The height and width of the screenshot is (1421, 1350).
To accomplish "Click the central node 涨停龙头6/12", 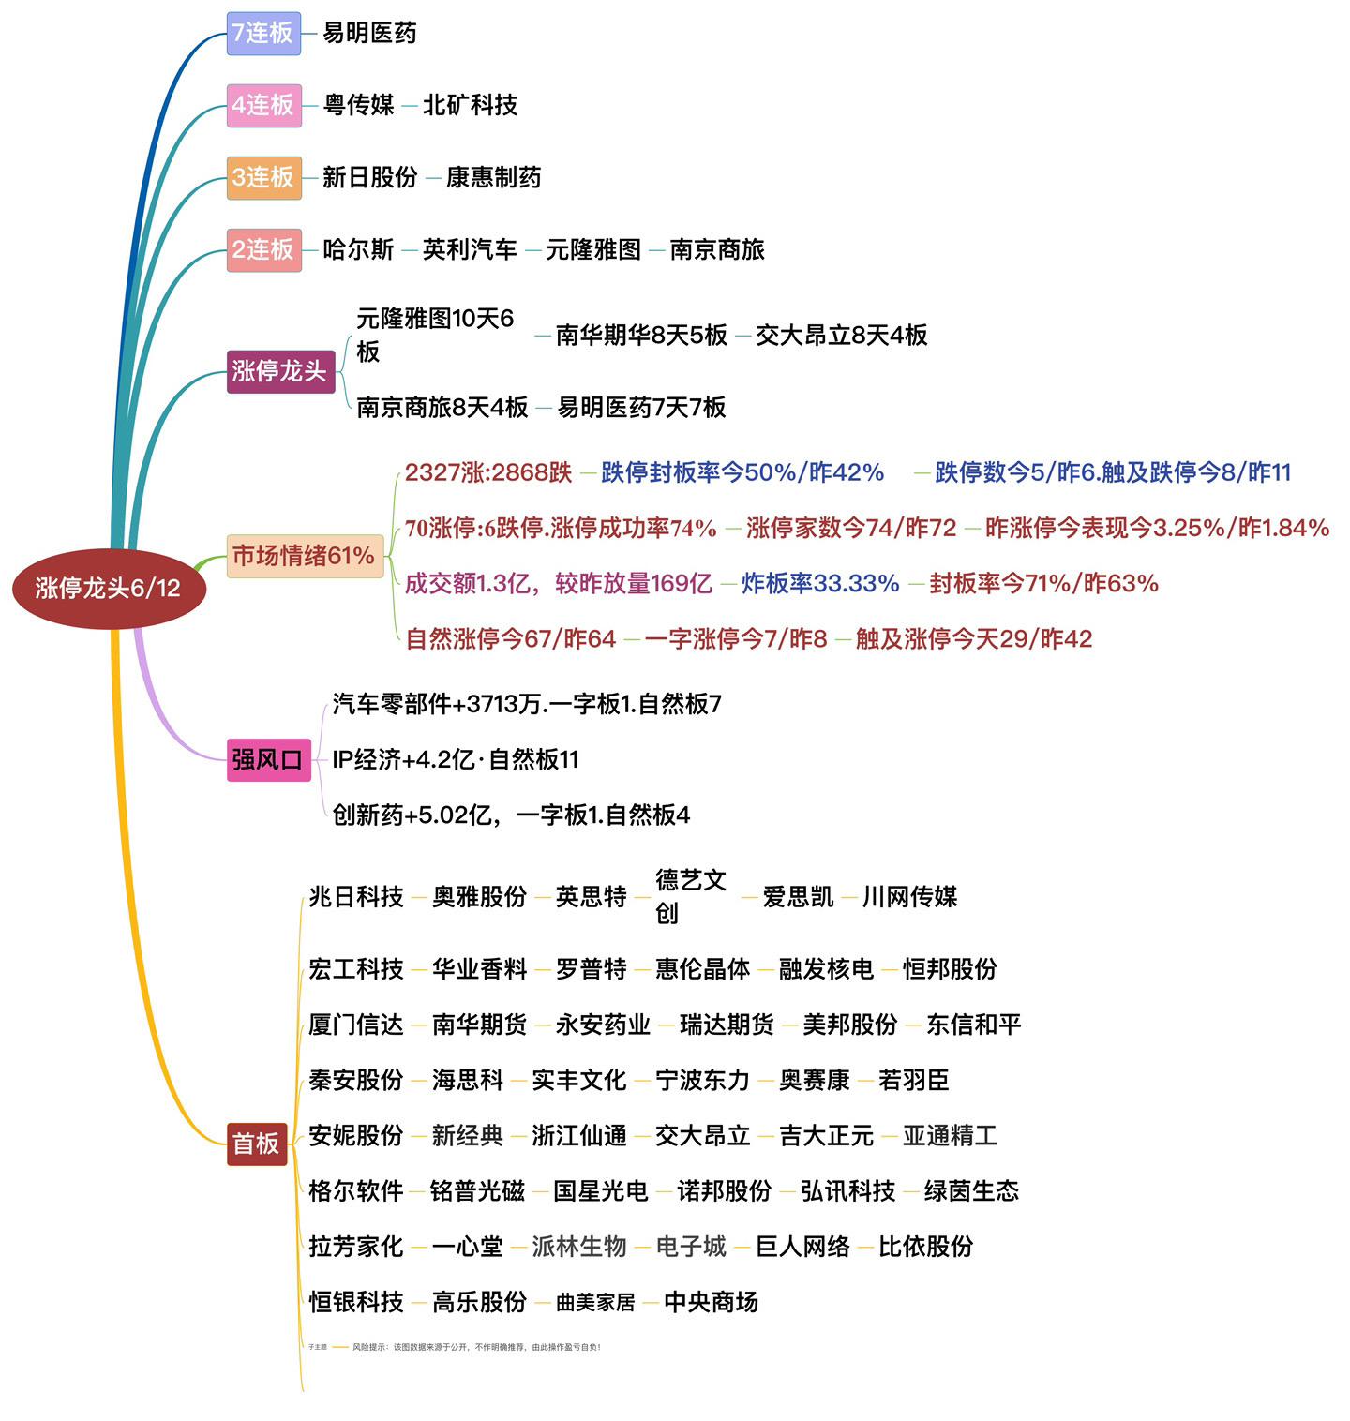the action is [x=108, y=588].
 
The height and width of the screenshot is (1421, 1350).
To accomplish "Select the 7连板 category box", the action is [x=263, y=33].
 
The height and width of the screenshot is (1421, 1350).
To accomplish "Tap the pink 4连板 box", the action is [x=263, y=105].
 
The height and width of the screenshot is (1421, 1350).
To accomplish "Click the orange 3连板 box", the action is [x=263, y=177].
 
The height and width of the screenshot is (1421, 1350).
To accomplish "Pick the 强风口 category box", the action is [x=268, y=759].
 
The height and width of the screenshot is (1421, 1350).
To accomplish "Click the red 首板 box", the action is [x=256, y=1144].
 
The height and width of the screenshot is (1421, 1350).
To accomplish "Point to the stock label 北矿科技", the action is [x=470, y=105].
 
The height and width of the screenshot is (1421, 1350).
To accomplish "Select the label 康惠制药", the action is [x=493, y=177].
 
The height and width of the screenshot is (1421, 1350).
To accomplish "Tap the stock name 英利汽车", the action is [x=470, y=249].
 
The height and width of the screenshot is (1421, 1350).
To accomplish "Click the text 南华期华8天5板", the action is [x=641, y=335].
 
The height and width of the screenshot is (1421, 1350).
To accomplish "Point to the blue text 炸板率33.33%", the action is [x=820, y=583].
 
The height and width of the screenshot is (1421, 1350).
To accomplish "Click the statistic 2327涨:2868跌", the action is [x=487, y=472].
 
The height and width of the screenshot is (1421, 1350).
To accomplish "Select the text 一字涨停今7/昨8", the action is [x=736, y=639].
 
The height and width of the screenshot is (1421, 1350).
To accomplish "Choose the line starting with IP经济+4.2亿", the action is [x=456, y=759].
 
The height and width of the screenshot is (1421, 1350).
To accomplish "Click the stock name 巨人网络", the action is [x=802, y=1247].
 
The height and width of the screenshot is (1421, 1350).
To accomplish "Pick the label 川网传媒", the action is [x=909, y=897].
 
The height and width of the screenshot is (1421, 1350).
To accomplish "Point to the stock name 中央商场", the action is [x=711, y=1302].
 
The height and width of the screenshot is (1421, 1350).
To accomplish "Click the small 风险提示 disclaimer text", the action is [x=476, y=1347].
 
